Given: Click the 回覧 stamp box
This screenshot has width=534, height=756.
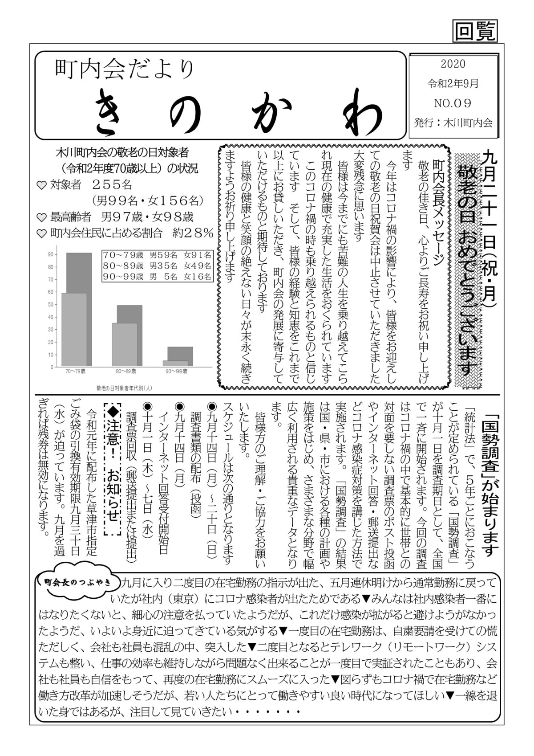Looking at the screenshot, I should click(475, 31).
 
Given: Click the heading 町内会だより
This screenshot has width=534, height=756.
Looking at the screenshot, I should click(125, 69).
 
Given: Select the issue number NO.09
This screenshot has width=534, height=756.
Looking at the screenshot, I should click(453, 103).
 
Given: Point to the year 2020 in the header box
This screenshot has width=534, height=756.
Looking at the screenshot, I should click(453, 64).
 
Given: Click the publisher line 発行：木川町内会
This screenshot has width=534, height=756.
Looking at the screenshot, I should click(453, 123).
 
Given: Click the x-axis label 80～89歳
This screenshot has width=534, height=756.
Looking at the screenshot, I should click(126, 371).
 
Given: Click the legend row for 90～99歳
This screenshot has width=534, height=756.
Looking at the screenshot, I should click(157, 277).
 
